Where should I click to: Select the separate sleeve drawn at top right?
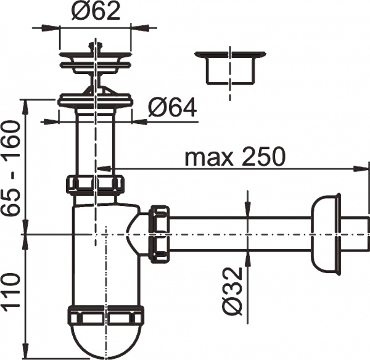[229, 69]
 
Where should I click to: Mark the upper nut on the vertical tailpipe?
[95, 184]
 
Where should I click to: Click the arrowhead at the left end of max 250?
[102, 167]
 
